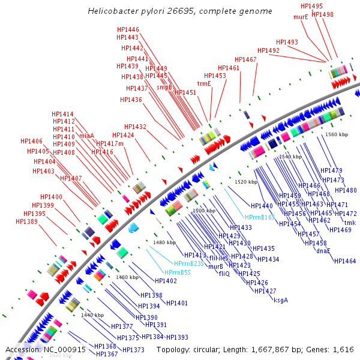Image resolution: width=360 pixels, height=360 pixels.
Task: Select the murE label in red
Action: [x=301, y=17]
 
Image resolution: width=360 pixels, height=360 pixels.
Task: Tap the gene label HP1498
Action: [x=323, y=14]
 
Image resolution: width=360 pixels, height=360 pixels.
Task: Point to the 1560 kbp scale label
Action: [x=337, y=135]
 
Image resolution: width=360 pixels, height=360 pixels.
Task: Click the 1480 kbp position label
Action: [x=164, y=242]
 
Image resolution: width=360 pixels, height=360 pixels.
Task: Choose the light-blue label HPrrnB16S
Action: [x=260, y=217]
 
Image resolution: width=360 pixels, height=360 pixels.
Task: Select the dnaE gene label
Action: [x=323, y=251]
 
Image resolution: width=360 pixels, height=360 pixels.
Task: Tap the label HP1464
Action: [x=345, y=261]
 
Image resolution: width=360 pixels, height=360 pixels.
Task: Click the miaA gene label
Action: [x=86, y=136]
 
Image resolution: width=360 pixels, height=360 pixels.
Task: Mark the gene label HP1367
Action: [x=107, y=354]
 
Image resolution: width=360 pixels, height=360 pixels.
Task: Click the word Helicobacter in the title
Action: [x=113, y=11]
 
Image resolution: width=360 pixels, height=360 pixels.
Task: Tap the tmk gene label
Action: [x=350, y=223]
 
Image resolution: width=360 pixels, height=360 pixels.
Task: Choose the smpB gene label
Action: [x=164, y=87]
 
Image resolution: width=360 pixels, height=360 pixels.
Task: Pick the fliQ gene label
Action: [x=224, y=274]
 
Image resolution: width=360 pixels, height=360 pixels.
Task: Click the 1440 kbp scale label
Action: [x=92, y=315]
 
